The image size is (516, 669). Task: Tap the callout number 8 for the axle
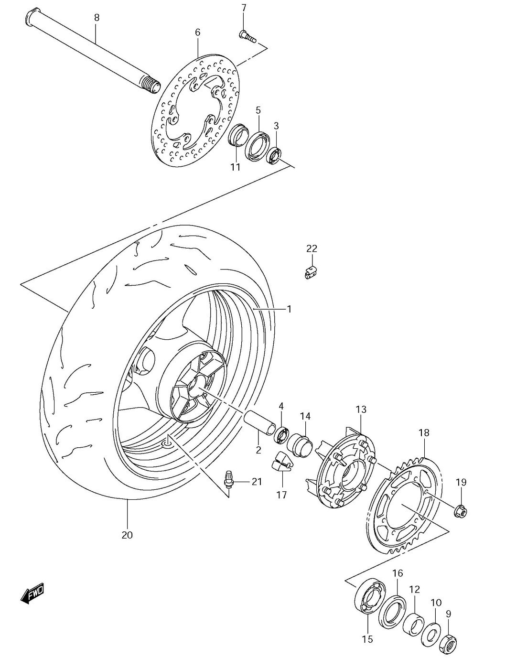coord(97,18)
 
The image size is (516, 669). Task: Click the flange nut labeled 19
coord(460,510)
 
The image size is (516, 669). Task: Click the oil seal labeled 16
coord(393,611)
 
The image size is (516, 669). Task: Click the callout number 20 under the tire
coord(127,535)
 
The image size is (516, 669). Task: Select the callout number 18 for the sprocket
coord(424,432)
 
